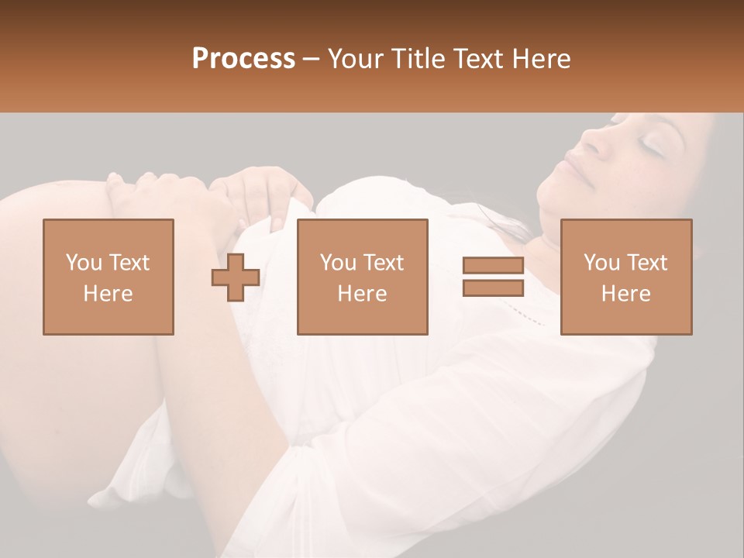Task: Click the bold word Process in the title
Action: pyautogui.click(x=243, y=59)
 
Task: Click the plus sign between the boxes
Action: pyautogui.click(x=236, y=277)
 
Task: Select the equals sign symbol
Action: pyautogui.click(x=493, y=277)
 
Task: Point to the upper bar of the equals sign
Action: pyautogui.click(x=493, y=266)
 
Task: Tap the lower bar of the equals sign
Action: pyautogui.click(x=493, y=288)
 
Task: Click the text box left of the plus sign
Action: pyautogui.click(x=108, y=277)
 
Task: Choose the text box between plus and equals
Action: pyautogui.click(x=363, y=277)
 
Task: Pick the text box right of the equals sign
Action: pyautogui.click(x=626, y=277)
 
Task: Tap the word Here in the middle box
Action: pyautogui.click(x=363, y=294)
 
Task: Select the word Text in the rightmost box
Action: pyautogui.click(x=647, y=263)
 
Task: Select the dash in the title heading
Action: pyautogui.click(x=312, y=59)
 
